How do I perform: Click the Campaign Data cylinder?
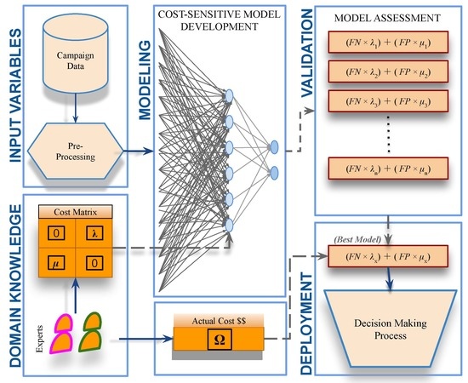(x=75, y=53)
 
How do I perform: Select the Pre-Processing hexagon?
(x=75, y=151)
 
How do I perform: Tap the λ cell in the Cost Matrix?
(x=94, y=233)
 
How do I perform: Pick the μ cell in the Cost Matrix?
(x=56, y=263)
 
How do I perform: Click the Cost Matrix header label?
(x=76, y=212)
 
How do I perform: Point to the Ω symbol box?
(x=220, y=340)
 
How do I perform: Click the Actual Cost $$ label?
(x=219, y=321)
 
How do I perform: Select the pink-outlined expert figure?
(x=62, y=334)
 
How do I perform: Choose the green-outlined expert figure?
(x=91, y=332)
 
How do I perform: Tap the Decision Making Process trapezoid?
(x=391, y=329)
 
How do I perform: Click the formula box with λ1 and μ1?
(x=388, y=42)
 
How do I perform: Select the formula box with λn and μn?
(x=388, y=169)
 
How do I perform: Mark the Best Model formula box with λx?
(x=388, y=256)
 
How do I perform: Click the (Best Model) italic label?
(x=357, y=239)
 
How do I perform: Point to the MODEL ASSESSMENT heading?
(x=387, y=18)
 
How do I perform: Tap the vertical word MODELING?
(x=146, y=80)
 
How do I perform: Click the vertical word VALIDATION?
(x=307, y=53)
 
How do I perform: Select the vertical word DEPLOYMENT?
(x=306, y=323)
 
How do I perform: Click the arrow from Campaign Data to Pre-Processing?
(x=75, y=108)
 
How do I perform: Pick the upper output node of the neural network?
(x=274, y=147)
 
